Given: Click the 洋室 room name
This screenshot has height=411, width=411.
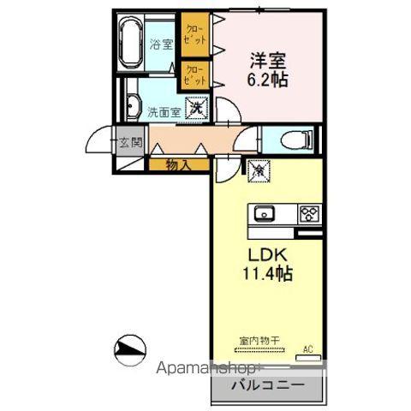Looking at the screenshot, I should tap(266, 61).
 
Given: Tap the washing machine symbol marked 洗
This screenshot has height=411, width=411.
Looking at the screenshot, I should tap(196, 109).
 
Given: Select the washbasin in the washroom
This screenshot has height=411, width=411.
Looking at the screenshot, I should tap(133, 107).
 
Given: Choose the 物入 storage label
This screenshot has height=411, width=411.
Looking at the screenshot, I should tap(178, 164).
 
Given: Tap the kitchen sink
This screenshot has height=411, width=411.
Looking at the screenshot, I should tap(263, 212).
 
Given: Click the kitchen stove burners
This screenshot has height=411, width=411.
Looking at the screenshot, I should tap(308, 212).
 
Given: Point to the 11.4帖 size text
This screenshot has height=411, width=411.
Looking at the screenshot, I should tap(267, 276).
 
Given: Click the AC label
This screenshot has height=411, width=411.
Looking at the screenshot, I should tap(309, 348).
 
